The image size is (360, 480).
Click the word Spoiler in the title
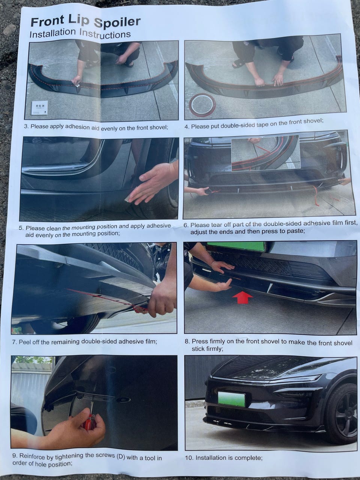tap(117, 22)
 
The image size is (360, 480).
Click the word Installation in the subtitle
tap(52, 33)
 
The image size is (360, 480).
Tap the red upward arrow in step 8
tap(243, 297)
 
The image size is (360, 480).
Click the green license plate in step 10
tap(232, 399)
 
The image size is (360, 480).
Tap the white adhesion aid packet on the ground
tap(40, 108)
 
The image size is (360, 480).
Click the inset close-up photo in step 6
tap(266, 153)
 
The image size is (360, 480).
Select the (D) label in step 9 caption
tap(121, 456)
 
